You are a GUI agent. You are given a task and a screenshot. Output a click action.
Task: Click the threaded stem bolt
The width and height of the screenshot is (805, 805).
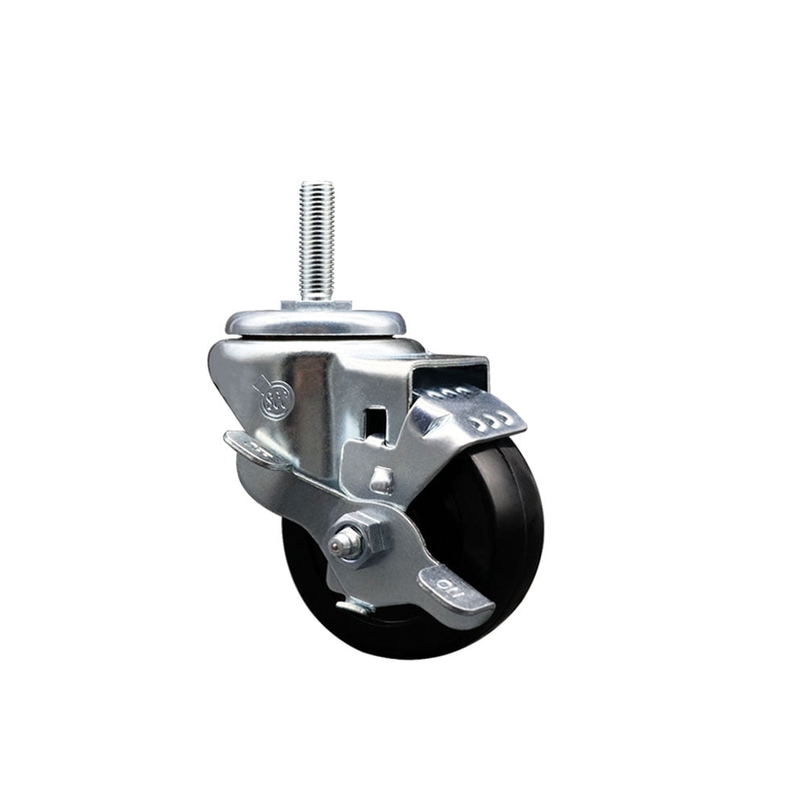316,242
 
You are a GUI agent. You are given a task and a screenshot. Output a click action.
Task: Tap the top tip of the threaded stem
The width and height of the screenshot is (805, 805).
316,184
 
